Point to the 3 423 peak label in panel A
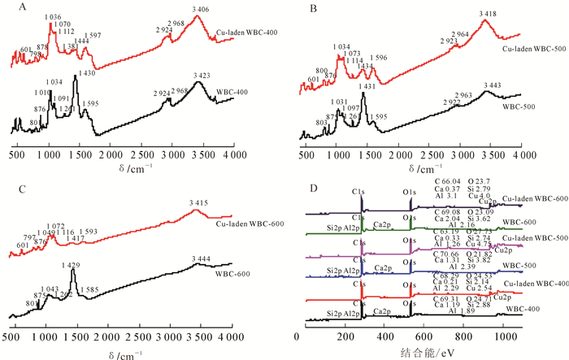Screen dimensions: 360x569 (x=201, y=75)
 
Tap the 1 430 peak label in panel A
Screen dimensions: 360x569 (x=85, y=74)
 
